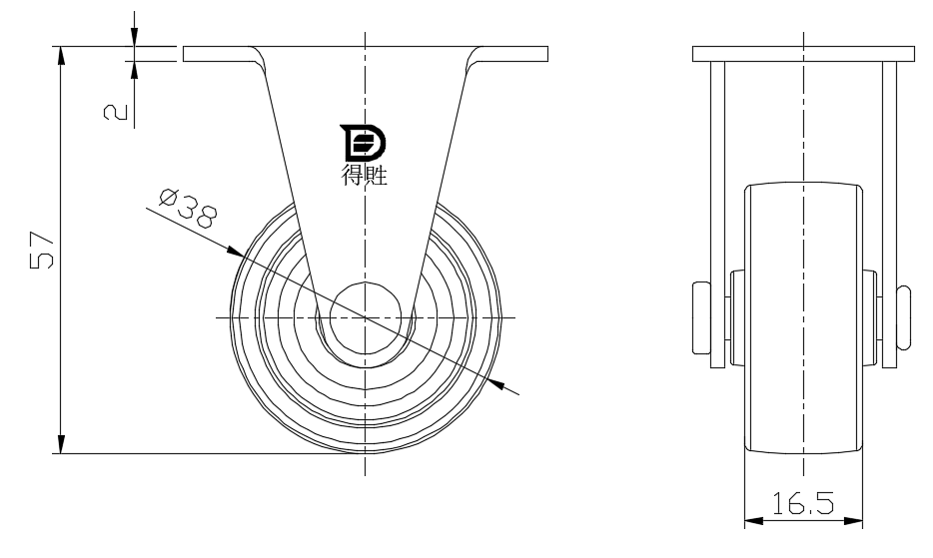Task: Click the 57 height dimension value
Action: point(42,250)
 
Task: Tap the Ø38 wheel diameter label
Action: point(188,209)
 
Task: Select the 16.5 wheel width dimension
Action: point(803,503)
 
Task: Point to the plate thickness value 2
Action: point(116,111)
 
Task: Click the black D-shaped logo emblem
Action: point(363,143)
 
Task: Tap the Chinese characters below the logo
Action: point(365,175)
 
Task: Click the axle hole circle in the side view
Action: point(366,317)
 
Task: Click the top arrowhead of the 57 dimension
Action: point(61,56)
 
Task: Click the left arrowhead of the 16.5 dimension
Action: point(754,521)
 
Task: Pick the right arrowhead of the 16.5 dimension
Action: point(853,521)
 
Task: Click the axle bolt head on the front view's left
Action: point(701,317)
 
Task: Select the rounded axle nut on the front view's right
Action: point(903,317)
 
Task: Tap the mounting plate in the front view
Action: point(804,54)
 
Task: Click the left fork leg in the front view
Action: point(717,215)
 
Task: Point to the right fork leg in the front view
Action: point(890,215)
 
